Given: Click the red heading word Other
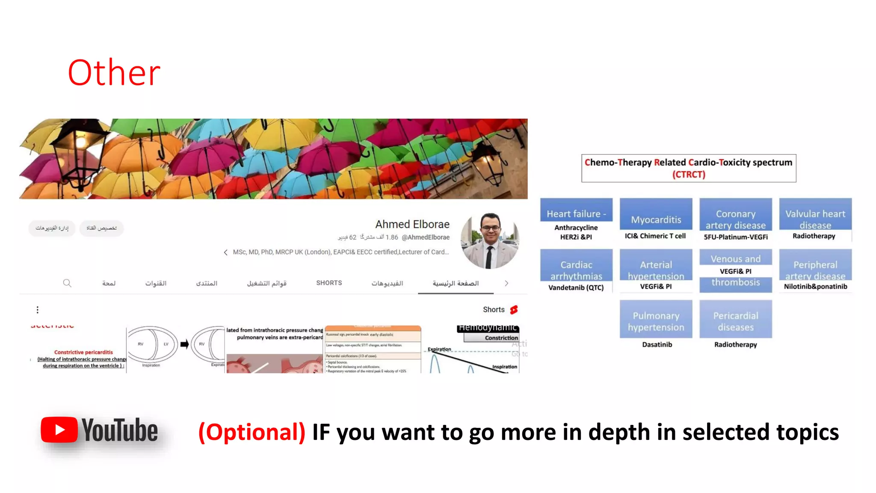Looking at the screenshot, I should click(114, 73).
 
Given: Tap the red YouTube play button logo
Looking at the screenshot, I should click(59, 429).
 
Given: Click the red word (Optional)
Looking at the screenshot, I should click(252, 432).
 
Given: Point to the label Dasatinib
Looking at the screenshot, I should click(657, 345).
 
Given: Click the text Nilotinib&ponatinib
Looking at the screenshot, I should click(815, 286).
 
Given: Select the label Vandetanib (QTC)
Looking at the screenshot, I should click(576, 288).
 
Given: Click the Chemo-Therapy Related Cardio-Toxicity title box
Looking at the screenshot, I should click(688, 168).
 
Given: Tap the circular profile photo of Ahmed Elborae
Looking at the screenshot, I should click(490, 241).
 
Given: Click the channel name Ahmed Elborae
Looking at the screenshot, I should click(412, 224).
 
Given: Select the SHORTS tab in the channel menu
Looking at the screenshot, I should click(329, 283).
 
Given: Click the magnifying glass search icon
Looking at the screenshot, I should click(67, 283).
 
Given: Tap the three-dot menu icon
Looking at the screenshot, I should click(38, 309).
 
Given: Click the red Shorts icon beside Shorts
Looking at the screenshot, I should click(514, 309).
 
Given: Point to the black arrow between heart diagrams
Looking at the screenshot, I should click(184, 344).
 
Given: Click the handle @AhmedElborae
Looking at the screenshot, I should click(426, 237).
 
